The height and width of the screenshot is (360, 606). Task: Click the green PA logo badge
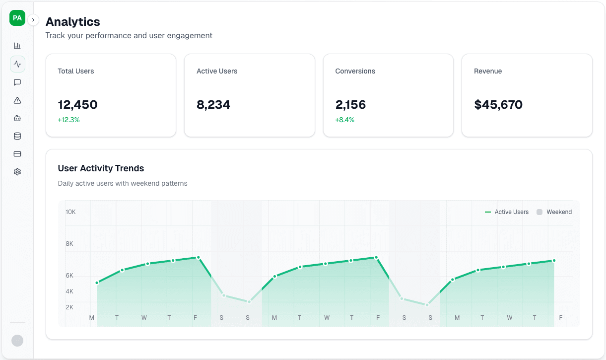pyautogui.click(x=17, y=18)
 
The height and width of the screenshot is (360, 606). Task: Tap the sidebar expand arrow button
pyautogui.click(x=33, y=20)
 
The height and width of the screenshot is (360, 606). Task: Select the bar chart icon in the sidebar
pyautogui.click(x=17, y=46)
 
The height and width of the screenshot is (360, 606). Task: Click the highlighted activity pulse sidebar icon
pyautogui.click(x=17, y=64)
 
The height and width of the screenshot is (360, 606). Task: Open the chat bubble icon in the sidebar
pyautogui.click(x=17, y=82)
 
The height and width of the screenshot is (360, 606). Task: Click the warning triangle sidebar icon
pyautogui.click(x=17, y=100)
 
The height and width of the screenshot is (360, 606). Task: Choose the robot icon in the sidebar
pyautogui.click(x=17, y=118)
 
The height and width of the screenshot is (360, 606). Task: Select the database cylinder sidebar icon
pyautogui.click(x=17, y=136)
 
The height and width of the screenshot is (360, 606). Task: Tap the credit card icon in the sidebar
pyautogui.click(x=17, y=154)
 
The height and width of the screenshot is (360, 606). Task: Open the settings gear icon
pyautogui.click(x=17, y=172)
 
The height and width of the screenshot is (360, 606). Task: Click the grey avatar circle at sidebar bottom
pyautogui.click(x=17, y=340)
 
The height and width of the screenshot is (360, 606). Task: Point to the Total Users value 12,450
pyautogui.click(x=77, y=105)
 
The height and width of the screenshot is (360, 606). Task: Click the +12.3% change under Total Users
pyautogui.click(x=68, y=120)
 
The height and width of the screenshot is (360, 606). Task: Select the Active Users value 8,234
pyautogui.click(x=213, y=105)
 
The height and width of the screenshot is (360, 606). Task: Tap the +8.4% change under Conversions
pyautogui.click(x=345, y=120)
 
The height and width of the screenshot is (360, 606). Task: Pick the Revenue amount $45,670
pyautogui.click(x=498, y=105)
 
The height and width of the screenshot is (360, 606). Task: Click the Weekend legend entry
pyautogui.click(x=554, y=212)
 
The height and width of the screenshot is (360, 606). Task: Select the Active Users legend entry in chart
pyautogui.click(x=507, y=212)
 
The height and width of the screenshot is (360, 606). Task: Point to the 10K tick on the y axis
pyautogui.click(x=70, y=212)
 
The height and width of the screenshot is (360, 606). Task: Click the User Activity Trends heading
pyautogui.click(x=101, y=168)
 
